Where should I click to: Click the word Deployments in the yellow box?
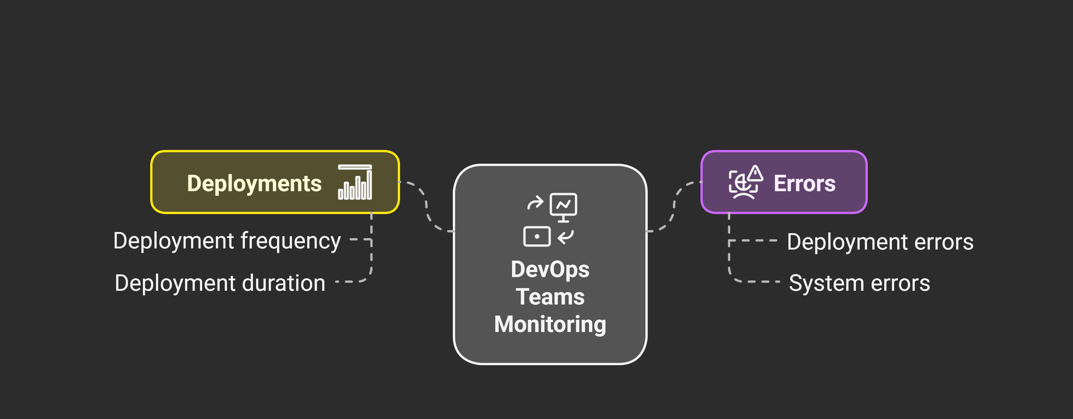(x=254, y=184)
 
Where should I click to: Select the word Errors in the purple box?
(x=804, y=184)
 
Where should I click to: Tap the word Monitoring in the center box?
(x=550, y=324)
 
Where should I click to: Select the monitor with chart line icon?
(x=563, y=206)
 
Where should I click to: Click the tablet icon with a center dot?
(x=537, y=236)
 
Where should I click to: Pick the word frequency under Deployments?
(x=290, y=241)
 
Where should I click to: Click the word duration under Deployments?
(x=283, y=284)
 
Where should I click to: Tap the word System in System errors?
(x=827, y=284)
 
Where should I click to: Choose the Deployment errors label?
(x=880, y=242)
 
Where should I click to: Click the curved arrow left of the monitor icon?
(x=535, y=203)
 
